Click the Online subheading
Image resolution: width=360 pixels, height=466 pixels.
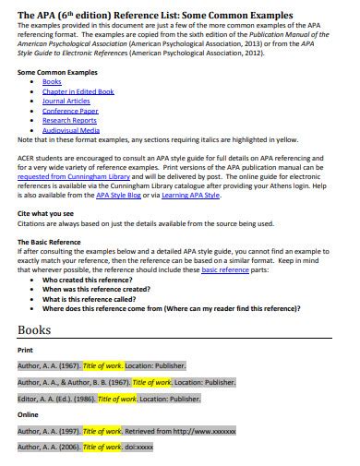pyautogui.click(x=28, y=414)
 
